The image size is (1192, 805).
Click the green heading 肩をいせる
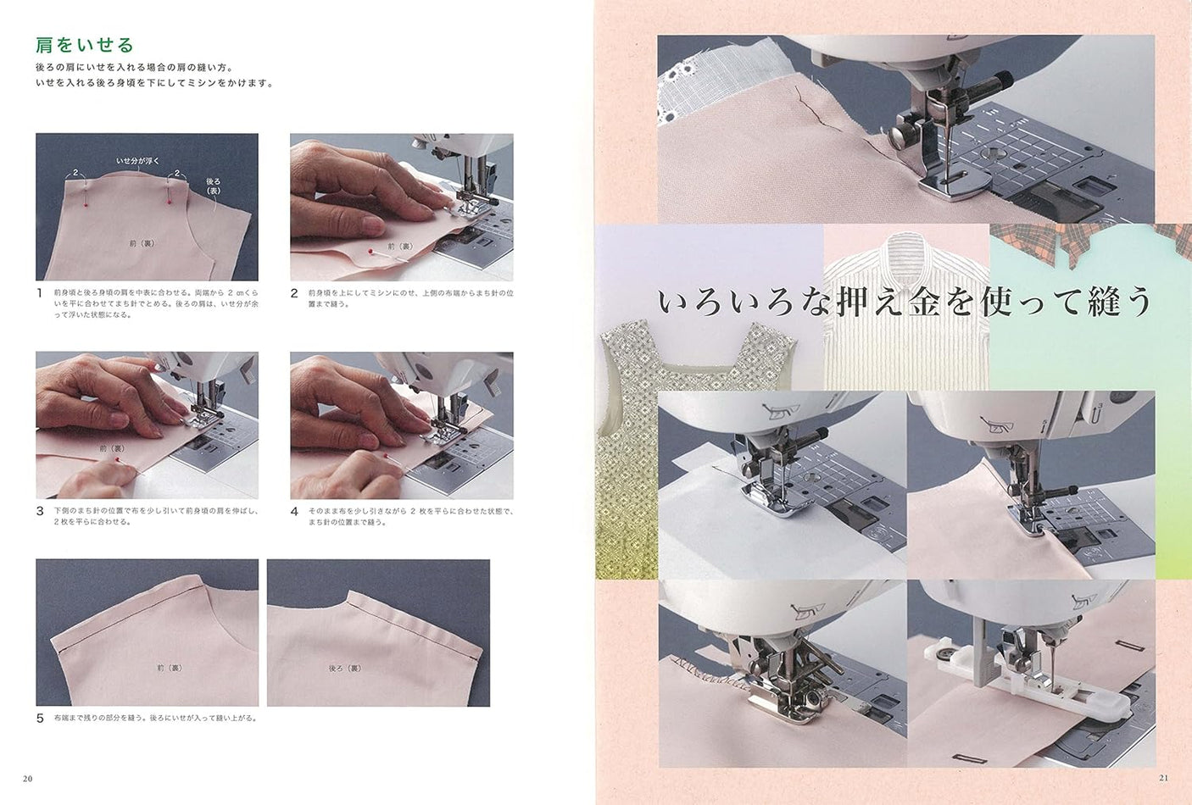pos(84,44)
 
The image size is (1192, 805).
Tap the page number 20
pos(28,779)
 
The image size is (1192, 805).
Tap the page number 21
pos(1162,779)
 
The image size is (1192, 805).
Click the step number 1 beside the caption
pos(39,293)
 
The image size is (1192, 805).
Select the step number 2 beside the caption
pos(294,293)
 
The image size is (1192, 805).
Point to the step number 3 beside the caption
pos(39,512)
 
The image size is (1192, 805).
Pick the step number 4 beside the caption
pos(294,512)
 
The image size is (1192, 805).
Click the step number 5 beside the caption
pos(39,718)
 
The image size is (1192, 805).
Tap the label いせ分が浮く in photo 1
pos(137,160)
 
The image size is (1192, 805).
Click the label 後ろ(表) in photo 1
pos(214,186)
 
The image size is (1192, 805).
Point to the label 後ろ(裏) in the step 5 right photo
pos(344,668)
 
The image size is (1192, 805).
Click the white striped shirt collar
pos(905,254)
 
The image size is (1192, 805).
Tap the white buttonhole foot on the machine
pos(1047,693)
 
